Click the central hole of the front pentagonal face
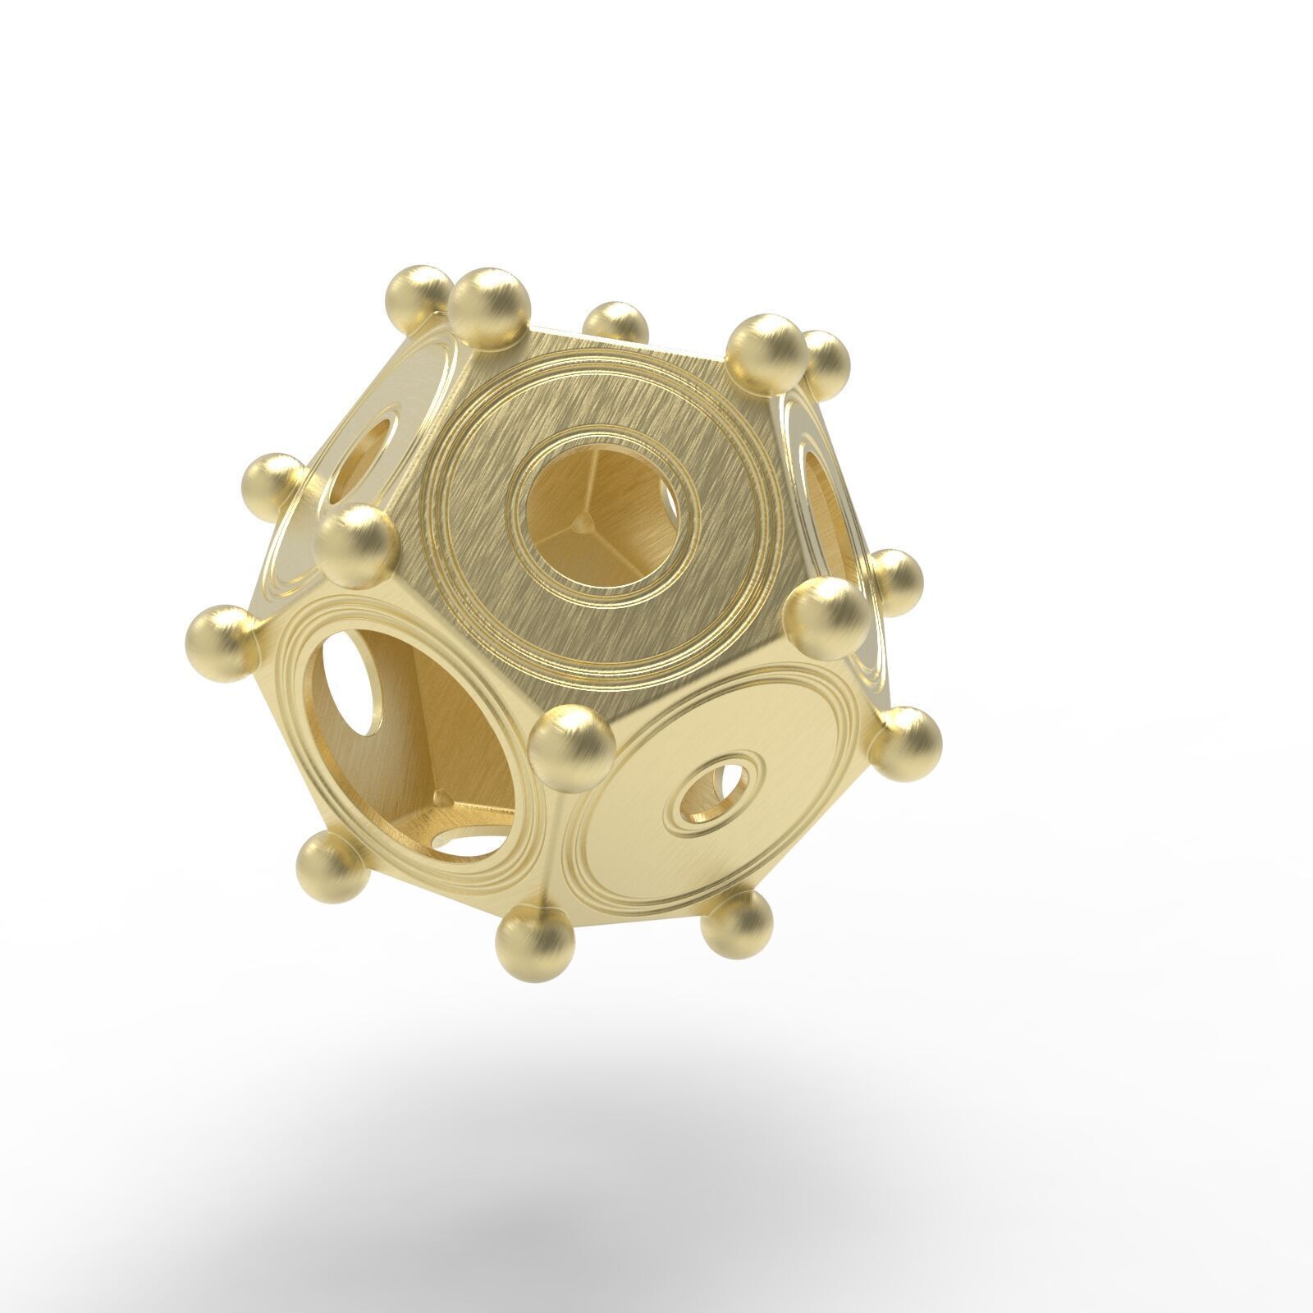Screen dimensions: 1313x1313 [x=603, y=517]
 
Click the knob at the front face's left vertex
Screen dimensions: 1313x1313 [x=355, y=545]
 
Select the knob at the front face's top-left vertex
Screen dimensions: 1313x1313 [x=490, y=307]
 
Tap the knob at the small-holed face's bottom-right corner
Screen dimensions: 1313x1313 [x=737, y=924]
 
